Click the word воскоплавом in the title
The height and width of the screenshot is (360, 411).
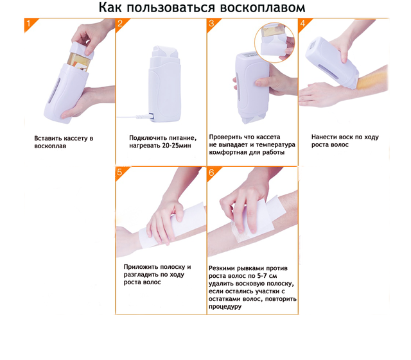click(x=263, y=7)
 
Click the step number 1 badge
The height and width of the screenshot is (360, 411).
click(x=30, y=24)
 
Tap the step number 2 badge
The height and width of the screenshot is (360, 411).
click(x=121, y=24)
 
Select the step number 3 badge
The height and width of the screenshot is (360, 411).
click(x=212, y=24)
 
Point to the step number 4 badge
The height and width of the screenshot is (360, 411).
click(x=303, y=24)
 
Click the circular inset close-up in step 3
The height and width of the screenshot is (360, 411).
click(x=274, y=43)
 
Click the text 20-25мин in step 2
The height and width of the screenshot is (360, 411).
click(x=177, y=146)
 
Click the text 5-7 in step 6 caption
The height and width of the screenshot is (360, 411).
click(x=263, y=276)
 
